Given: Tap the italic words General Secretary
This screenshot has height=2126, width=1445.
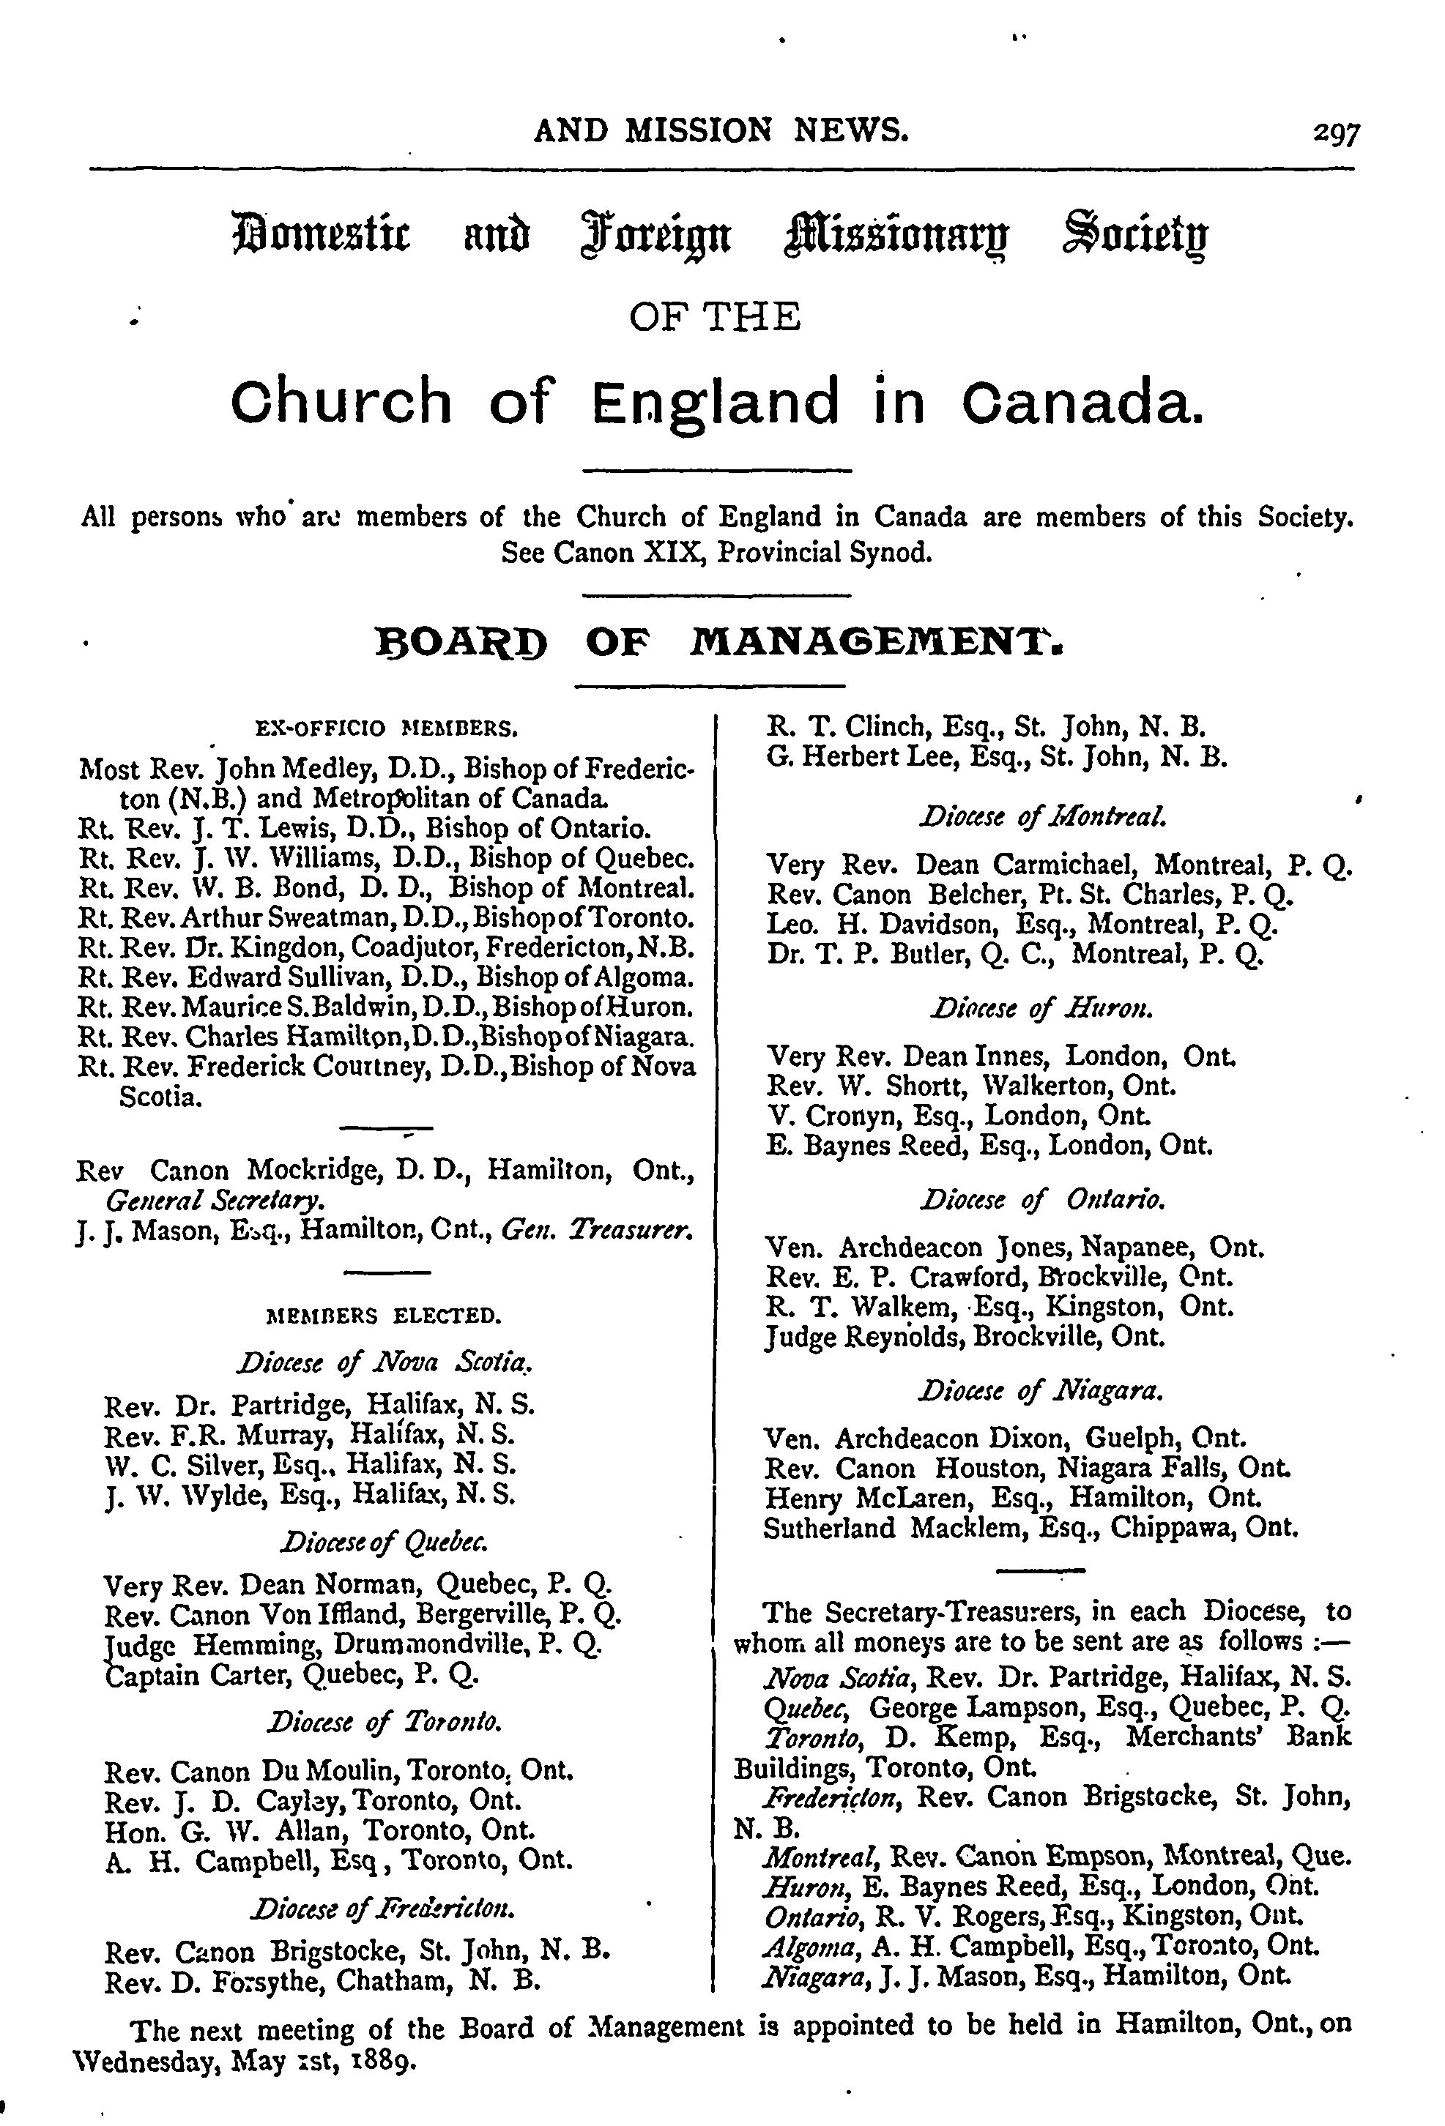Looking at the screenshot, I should [x=213, y=1199].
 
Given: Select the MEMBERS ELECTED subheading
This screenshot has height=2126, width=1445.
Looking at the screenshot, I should [x=382, y=1316].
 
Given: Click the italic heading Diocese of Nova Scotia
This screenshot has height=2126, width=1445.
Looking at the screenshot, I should [x=384, y=1363].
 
